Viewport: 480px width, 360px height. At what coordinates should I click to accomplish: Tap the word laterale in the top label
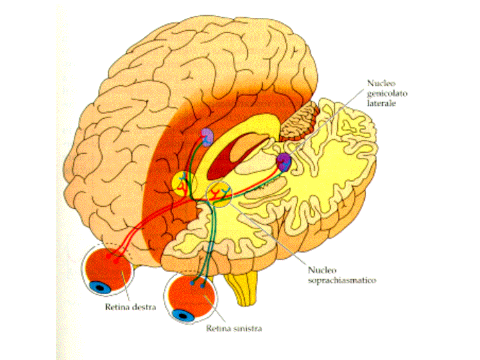[x=382, y=105]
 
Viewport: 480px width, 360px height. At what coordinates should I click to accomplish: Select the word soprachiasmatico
[x=343, y=281]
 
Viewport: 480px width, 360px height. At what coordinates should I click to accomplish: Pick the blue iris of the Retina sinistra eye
[x=181, y=313]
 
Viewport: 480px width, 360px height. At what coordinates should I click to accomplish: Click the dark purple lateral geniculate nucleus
[x=285, y=161]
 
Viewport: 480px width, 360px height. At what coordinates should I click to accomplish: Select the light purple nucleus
[x=208, y=137]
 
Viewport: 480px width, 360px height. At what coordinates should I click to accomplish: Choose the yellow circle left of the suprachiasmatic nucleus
[x=182, y=183]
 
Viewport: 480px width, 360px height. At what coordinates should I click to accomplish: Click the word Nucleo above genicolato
[x=379, y=83]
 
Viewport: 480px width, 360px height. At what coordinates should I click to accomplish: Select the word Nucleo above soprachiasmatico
[x=322, y=271]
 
